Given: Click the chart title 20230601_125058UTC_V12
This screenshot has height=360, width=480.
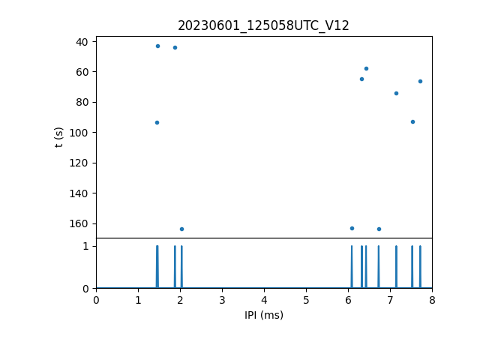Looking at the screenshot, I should coord(263,25).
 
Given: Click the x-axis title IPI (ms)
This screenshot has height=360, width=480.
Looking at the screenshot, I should coord(263,315).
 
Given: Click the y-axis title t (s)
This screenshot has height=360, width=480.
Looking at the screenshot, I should coord(59,137).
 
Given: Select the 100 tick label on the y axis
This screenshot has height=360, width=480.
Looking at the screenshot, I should coord(79,133).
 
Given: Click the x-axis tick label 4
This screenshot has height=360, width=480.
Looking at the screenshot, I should coord(264,301).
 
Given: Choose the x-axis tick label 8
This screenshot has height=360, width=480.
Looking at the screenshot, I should coord(432,301).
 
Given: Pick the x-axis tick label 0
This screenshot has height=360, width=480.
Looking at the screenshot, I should coord(96,301).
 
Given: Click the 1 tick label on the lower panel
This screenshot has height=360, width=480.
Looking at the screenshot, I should coord(85,246).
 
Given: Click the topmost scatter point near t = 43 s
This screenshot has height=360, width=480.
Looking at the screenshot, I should coord(157,46).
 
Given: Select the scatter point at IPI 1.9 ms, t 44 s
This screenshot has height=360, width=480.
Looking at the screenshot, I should coord(175,47).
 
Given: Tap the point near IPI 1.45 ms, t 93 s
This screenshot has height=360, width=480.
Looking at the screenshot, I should coord(157,122).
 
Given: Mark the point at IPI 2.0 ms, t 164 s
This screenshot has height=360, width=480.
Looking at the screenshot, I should coord(181,229).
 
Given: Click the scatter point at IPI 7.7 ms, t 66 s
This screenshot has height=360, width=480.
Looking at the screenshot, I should coord(420,81).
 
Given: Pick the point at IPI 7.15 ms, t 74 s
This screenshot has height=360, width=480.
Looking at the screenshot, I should coord(396,93).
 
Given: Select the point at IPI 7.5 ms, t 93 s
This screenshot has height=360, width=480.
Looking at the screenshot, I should coord(412,121).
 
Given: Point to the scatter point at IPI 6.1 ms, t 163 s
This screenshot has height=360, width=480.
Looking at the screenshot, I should coord(352,228).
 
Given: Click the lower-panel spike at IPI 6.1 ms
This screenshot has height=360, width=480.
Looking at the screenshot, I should coord(352,266).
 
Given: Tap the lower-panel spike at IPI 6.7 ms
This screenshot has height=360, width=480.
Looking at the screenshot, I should coord(379,266).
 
